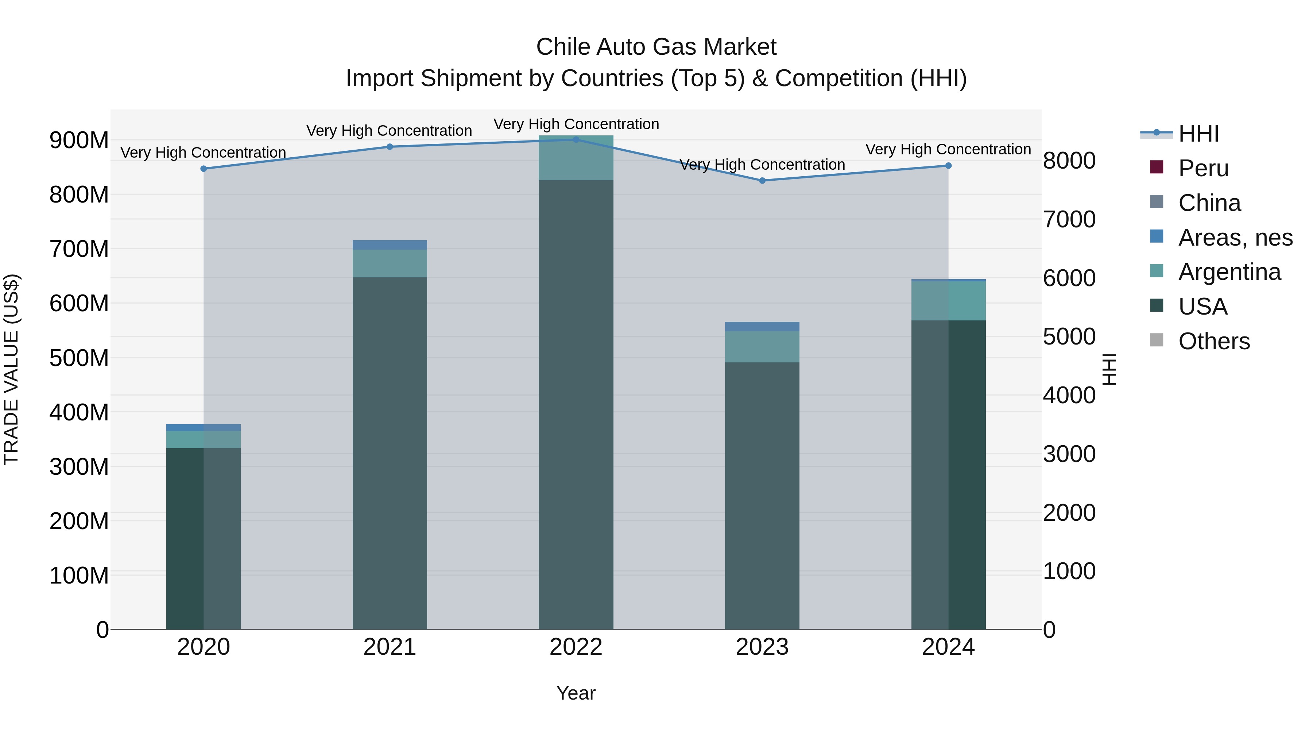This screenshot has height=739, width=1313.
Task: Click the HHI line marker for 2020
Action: click(x=204, y=169)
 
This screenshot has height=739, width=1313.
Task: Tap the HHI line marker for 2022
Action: click(x=576, y=139)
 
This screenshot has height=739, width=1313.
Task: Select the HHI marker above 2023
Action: click(x=762, y=181)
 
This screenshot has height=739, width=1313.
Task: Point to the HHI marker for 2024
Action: click(x=948, y=166)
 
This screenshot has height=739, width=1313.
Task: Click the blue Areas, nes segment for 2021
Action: click(x=390, y=245)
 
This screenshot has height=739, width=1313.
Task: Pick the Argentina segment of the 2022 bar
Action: click(x=576, y=158)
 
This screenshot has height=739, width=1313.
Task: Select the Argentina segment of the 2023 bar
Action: click(x=762, y=347)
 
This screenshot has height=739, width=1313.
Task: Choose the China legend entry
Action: click(x=1209, y=203)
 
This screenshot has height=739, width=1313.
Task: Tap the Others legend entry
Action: click(x=1213, y=341)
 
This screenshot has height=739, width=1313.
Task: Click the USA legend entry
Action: click(x=1202, y=307)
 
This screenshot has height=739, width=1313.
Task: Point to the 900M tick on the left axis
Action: click(x=79, y=140)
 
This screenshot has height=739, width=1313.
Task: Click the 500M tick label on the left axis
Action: click(x=79, y=358)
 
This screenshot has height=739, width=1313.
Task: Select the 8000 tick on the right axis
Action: click(x=1069, y=161)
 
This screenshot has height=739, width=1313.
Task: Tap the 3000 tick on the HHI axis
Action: click(x=1069, y=454)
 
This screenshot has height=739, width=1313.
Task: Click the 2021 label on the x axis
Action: click(x=390, y=647)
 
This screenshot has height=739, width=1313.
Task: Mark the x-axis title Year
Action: click(x=576, y=693)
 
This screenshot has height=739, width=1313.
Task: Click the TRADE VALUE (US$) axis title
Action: click(x=11, y=369)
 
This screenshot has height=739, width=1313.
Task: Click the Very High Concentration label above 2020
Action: click(x=204, y=153)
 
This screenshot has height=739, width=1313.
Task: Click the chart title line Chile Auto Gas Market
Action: click(x=656, y=47)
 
